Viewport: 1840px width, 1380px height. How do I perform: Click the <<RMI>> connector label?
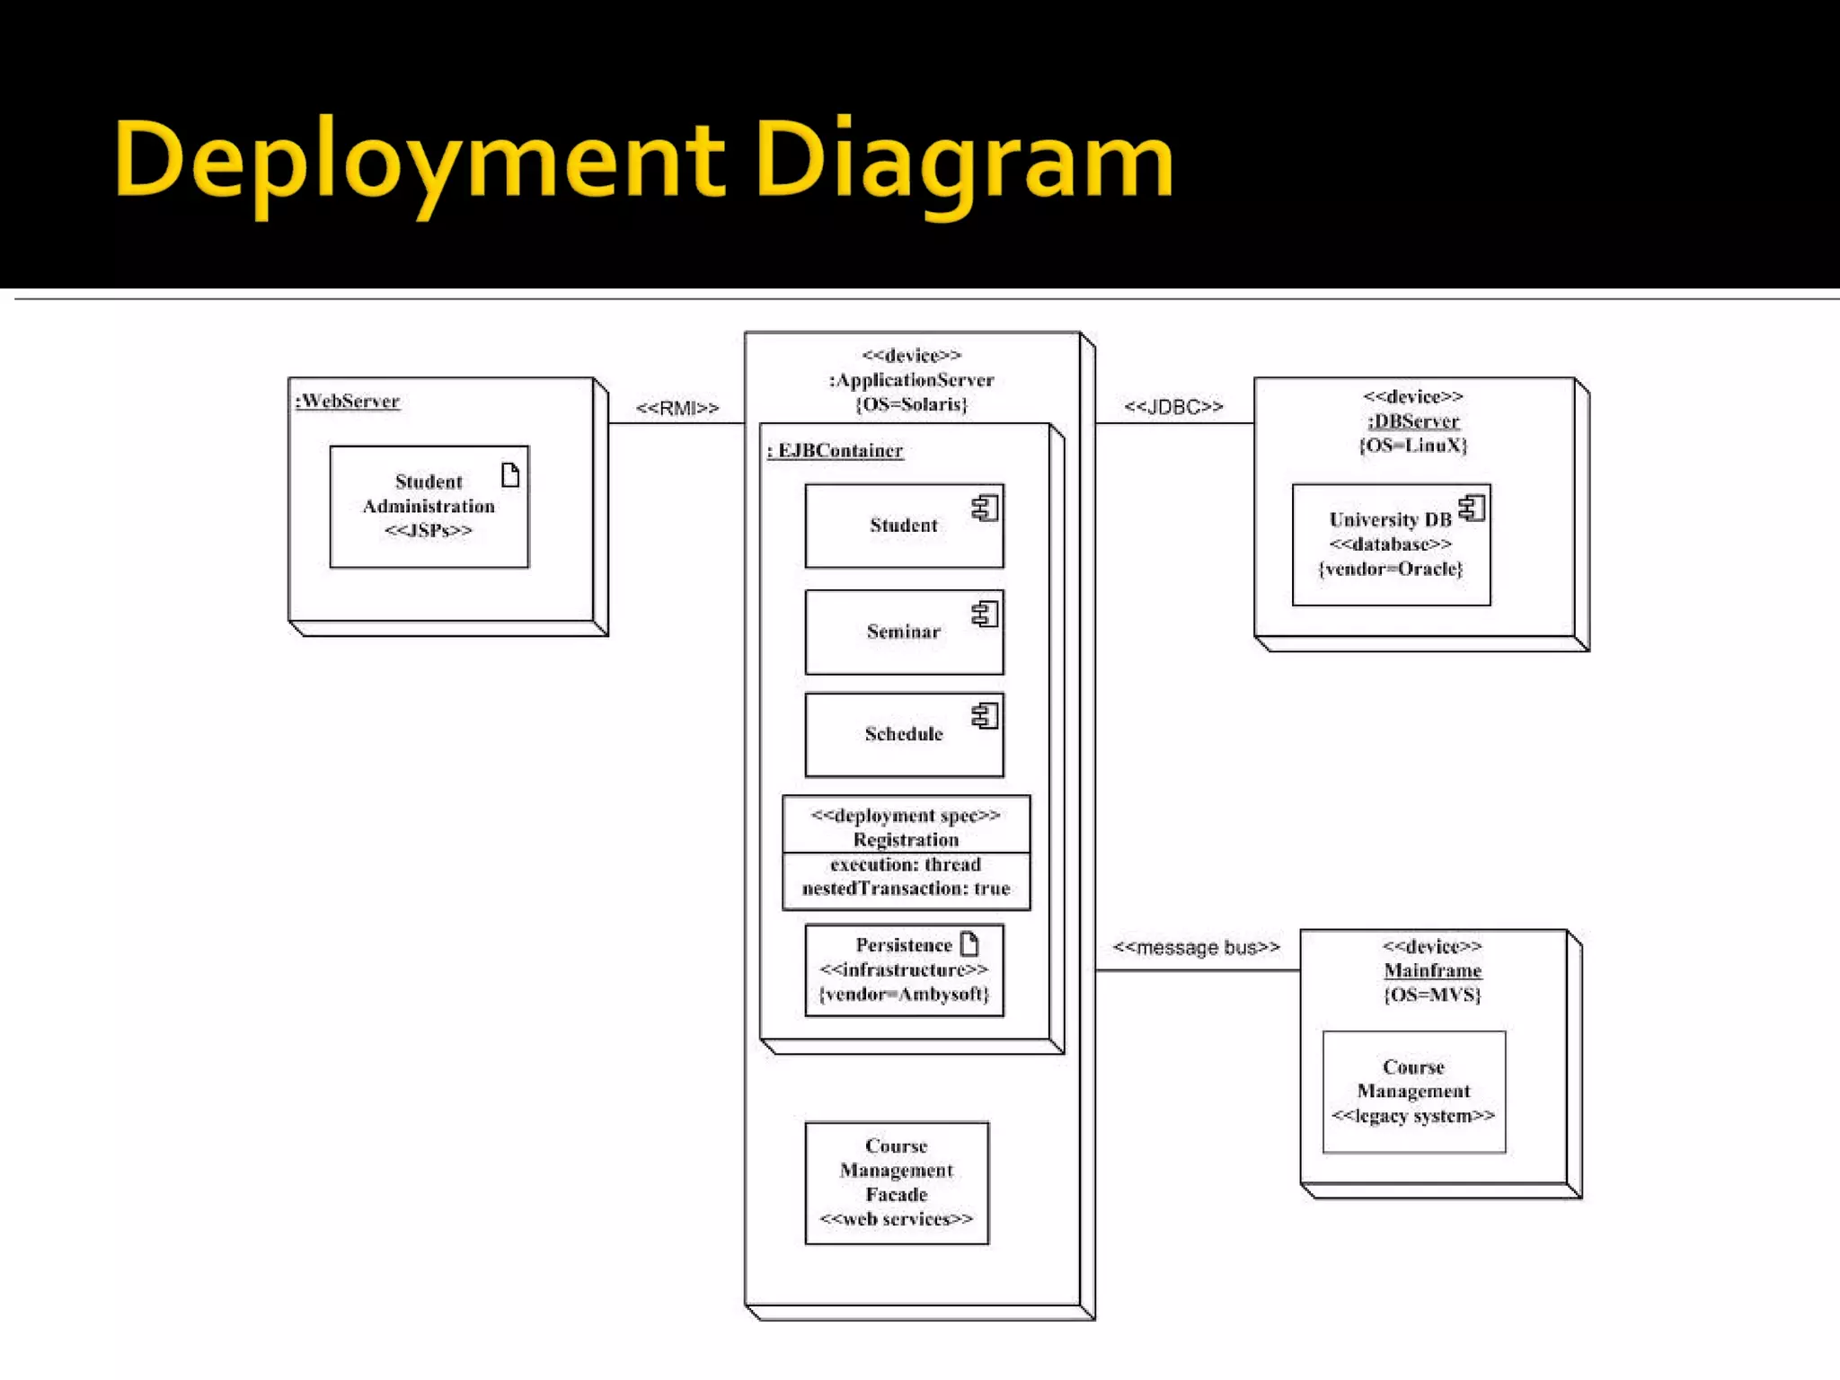click(677, 408)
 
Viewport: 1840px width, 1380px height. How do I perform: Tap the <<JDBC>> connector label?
click(1173, 407)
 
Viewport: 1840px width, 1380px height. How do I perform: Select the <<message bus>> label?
click(1196, 948)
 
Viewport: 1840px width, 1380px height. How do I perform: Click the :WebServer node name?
click(348, 401)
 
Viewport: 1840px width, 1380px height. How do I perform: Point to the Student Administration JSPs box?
click(429, 507)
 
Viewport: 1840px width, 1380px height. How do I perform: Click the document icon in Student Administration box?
click(510, 474)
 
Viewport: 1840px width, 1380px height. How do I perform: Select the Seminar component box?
click(904, 632)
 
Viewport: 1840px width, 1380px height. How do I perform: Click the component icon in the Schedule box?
click(985, 715)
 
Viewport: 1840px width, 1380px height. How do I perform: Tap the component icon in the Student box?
click(985, 509)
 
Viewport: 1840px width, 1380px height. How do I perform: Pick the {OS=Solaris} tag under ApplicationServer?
click(911, 404)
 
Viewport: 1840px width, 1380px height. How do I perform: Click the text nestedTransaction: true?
click(906, 889)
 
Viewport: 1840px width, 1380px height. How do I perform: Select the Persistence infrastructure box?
click(904, 970)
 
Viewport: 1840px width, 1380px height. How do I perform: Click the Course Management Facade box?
click(897, 1182)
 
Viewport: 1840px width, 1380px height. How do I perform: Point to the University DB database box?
click(1391, 544)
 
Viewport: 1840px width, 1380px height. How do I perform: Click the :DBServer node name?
click(1413, 420)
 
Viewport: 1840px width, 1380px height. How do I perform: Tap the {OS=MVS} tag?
click(1432, 995)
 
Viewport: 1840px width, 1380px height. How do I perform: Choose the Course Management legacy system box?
click(1413, 1092)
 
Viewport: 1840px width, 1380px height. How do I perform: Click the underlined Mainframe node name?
click(1432, 970)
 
